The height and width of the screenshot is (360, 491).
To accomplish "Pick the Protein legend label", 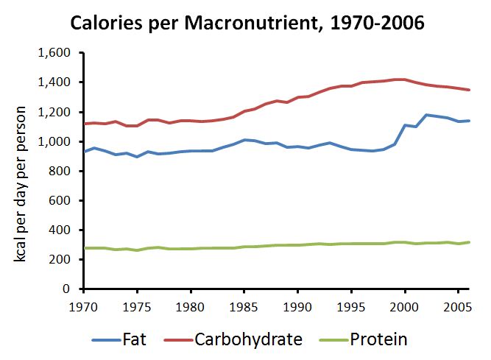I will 378,339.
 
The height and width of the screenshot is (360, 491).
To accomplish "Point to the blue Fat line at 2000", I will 405,125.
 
